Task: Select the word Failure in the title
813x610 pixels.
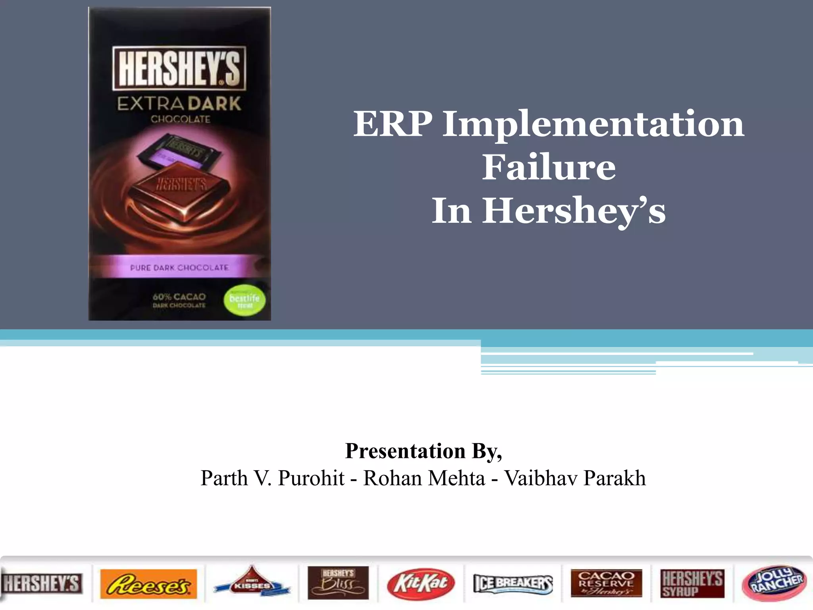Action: click(549, 167)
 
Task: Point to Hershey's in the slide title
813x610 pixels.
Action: click(574, 211)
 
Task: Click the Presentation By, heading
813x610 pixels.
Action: click(423, 451)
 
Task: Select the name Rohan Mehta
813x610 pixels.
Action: click(424, 478)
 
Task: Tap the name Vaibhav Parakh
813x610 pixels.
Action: click(575, 478)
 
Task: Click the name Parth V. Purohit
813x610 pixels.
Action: click(272, 478)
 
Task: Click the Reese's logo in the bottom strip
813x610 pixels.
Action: click(148, 584)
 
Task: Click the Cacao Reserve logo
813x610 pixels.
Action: click(606, 583)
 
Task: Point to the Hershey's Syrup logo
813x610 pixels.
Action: click(692, 583)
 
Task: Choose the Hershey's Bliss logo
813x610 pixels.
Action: click(338, 583)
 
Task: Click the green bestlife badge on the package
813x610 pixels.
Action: click(245, 300)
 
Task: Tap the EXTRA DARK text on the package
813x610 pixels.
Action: click(179, 104)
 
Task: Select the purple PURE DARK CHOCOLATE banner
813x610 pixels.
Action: click(179, 267)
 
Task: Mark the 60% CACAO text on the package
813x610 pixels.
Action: click(179, 297)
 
